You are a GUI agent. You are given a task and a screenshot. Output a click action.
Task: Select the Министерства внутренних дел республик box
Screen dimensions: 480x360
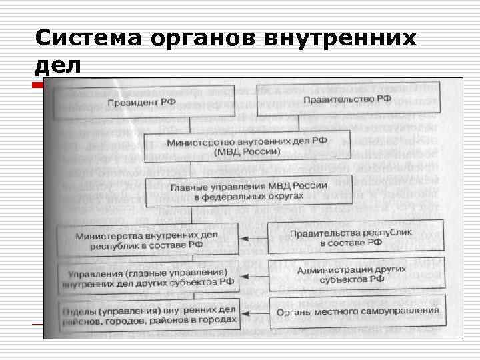(147, 238)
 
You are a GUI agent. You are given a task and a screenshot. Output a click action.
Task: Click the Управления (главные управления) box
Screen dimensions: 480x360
(147, 276)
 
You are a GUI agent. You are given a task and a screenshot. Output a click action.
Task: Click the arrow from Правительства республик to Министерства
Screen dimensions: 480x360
(253, 239)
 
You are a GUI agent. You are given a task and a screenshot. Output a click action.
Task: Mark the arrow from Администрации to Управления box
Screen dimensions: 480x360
(253, 276)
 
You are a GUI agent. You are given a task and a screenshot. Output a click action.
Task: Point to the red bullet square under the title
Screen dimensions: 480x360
(37, 85)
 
